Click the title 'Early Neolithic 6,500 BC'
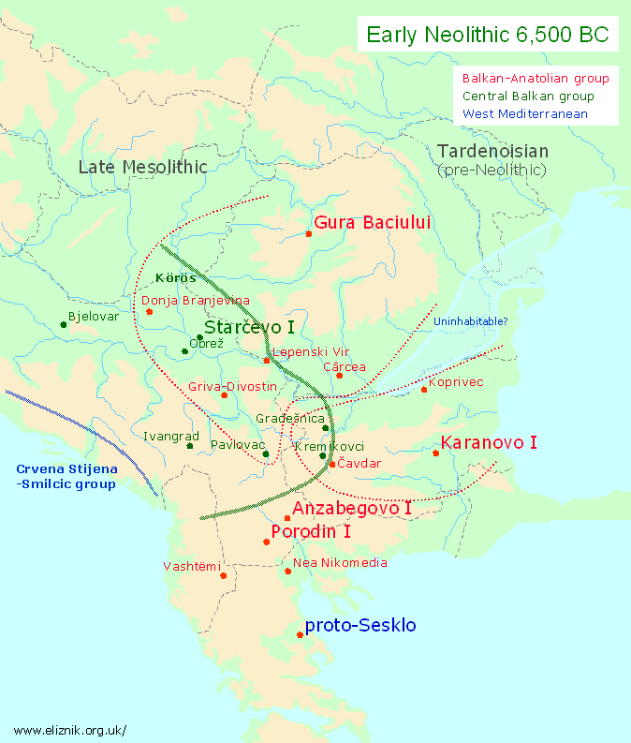(487, 36)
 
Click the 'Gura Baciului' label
(373, 223)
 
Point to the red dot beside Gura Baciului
(310, 233)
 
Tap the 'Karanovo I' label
(489, 442)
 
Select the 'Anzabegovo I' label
(352, 509)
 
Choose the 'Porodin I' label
(311, 532)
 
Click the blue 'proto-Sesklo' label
(360, 626)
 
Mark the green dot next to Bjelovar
(63, 324)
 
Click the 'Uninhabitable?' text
(470, 321)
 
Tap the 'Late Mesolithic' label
(142, 167)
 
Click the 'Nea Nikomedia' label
(340, 563)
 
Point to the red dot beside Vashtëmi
(224, 575)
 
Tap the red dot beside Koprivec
(424, 389)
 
